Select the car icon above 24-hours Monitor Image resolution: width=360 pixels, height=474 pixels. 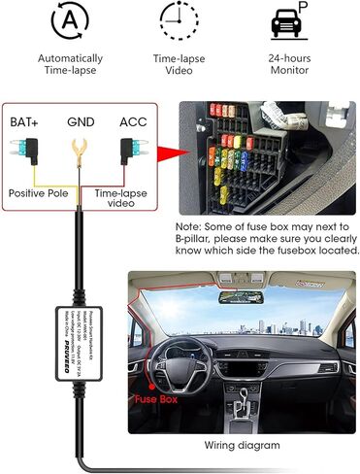[x=288, y=19]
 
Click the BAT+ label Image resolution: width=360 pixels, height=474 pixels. [x=27, y=122]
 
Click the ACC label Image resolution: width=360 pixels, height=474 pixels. [x=133, y=122]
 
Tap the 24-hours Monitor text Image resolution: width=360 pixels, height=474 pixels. [x=288, y=65]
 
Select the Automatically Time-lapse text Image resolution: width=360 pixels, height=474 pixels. [x=70, y=65]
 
